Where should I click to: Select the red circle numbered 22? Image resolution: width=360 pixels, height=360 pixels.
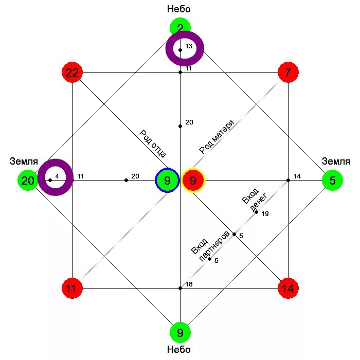(72, 73)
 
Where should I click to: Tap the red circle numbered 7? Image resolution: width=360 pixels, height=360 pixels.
(288, 73)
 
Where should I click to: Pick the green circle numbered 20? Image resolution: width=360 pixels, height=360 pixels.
(28, 181)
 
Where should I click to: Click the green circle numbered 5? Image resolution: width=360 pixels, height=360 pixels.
(332, 181)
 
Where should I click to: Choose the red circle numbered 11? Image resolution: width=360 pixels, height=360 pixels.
(71, 289)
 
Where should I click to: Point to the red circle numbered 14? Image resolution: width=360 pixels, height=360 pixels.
(288, 289)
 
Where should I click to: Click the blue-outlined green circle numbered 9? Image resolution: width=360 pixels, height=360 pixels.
(167, 181)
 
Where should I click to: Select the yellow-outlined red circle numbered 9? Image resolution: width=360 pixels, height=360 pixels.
(193, 181)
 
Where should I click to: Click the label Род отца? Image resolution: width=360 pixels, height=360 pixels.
(152, 143)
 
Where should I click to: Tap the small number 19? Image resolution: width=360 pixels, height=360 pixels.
(265, 213)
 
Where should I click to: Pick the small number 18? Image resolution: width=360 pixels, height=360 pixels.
(189, 284)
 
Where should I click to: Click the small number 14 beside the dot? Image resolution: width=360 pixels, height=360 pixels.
(297, 176)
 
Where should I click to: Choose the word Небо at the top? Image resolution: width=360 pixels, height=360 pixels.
(179, 9)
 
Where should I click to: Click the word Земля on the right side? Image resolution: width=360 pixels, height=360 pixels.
(336, 161)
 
